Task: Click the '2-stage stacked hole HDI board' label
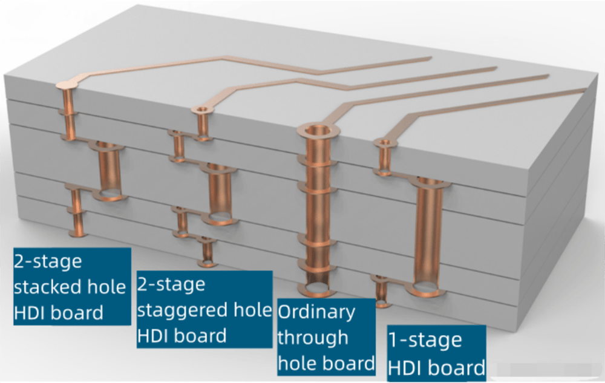click(x=71, y=286)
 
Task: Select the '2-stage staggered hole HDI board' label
click(x=204, y=309)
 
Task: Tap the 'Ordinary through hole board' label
click(x=326, y=337)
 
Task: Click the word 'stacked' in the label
click(x=52, y=286)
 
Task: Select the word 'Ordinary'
click(x=316, y=312)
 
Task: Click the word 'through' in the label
click(x=313, y=338)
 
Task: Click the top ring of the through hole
click(x=316, y=131)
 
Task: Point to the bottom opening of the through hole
click(x=315, y=287)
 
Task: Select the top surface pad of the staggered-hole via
click(x=202, y=110)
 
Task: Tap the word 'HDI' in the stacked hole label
click(x=29, y=313)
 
